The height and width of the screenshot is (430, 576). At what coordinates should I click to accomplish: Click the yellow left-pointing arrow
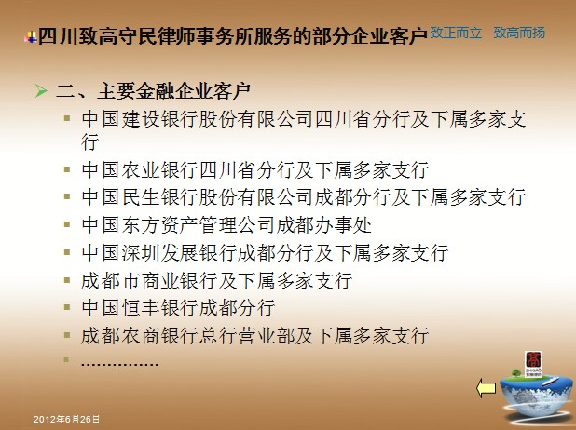[486, 388]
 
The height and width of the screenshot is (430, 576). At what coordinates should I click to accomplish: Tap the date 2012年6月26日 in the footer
[66, 420]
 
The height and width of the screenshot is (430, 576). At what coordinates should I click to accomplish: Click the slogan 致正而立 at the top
[456, 33]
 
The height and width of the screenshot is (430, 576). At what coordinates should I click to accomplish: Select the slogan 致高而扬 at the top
[519, 33]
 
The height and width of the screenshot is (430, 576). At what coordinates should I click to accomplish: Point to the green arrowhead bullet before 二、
[41, 90]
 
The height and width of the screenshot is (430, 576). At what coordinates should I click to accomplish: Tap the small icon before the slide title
[31, 37]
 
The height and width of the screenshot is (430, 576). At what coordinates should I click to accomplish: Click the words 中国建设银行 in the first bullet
[140, 119]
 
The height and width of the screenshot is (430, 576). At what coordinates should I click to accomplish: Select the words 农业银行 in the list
[159, 170]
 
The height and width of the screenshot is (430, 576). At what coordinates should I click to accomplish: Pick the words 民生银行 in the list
[159, 197]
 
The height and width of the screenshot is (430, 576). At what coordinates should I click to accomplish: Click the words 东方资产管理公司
[198, 225]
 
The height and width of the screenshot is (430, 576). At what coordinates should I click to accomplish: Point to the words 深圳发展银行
[179, 253]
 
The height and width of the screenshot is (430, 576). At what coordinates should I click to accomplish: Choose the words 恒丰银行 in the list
[159, 307]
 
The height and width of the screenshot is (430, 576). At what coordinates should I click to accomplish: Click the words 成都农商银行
[140, 336]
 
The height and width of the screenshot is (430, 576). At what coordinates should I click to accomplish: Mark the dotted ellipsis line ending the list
[119, 364]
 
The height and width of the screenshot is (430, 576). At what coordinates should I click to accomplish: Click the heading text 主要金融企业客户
[173, 90]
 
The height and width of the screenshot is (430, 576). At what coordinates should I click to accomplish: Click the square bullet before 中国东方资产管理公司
[67, 224]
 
